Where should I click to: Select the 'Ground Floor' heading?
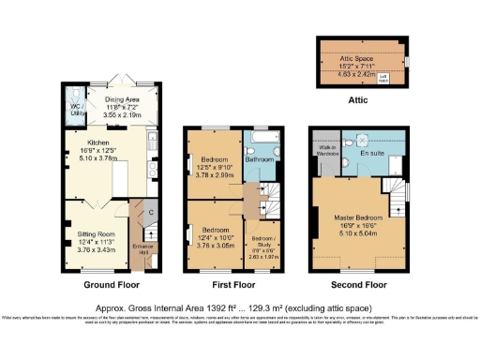pyautogui.click(x=112, y=284)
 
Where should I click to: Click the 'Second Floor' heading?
pyautogui.click(x=361, y=284)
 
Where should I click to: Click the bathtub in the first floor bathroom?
pyautogui.click(x=261, y=140)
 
